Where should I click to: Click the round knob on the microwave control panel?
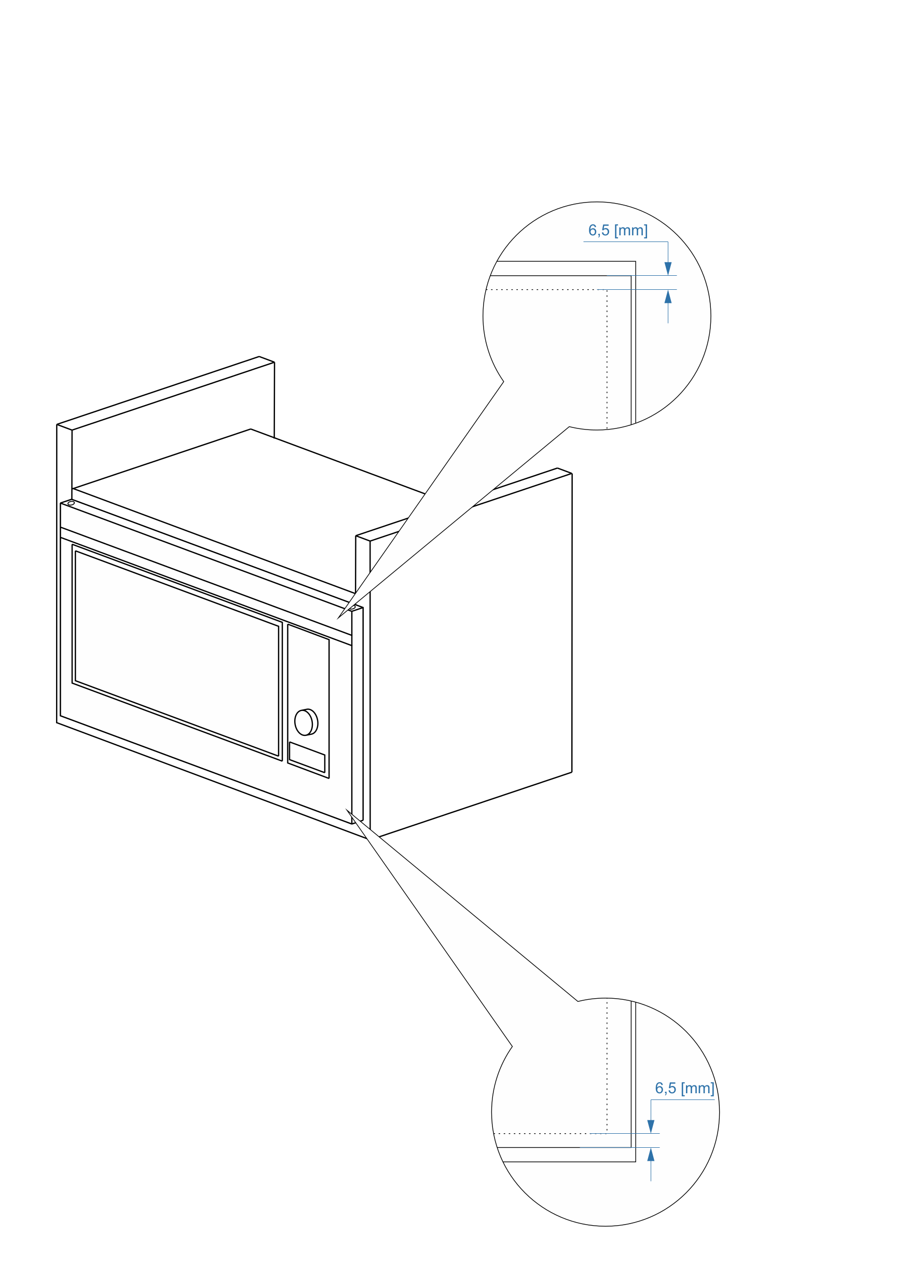pos(306,722)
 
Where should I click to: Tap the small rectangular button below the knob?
pos(307,757)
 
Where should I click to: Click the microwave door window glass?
pos(176,653)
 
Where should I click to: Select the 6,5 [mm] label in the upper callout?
pos(618,231)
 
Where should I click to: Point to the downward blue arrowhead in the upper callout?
pos(668,268)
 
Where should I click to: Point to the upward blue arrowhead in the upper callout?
pos(668,297)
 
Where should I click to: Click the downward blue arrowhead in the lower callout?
pos(651,1126)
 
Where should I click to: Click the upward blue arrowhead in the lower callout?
pos(651,1155)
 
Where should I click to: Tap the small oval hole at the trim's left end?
pos(71,503)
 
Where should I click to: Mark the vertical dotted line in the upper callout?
pos(607,359)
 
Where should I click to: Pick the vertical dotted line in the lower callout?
pos(607,1066)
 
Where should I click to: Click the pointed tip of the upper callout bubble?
pos(337,619)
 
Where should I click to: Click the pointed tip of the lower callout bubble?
pos(346,809)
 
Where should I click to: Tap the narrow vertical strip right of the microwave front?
pos(358,715)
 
